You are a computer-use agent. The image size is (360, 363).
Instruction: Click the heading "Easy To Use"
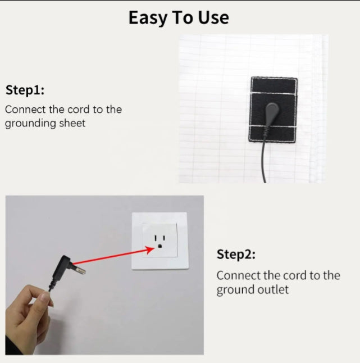tap(179, 18)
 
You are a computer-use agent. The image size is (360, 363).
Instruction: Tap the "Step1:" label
tap(25, 90)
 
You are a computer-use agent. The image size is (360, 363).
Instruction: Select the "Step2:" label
tap(236, 255)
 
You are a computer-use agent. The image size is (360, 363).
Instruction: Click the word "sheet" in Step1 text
tap(72, 123)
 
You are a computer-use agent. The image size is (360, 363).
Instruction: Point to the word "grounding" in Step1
tap(30, 124)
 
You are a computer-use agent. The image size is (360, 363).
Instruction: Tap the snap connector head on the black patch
tap(272, 110)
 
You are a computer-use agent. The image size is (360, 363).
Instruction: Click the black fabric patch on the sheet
tap(273, 109)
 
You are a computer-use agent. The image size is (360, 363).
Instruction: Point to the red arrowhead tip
tap(154, 248)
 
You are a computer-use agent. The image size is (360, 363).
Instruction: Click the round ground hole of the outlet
tap(160, 246)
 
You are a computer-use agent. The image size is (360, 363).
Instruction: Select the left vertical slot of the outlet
tap(156, 238)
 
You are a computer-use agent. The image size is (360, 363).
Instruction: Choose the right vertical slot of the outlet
tap(164, 238)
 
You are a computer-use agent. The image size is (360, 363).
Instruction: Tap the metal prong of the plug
tap(79, 270)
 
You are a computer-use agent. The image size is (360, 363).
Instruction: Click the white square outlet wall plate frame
tap(135, 241)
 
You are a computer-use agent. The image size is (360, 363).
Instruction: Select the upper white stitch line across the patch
tap(273, 94)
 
